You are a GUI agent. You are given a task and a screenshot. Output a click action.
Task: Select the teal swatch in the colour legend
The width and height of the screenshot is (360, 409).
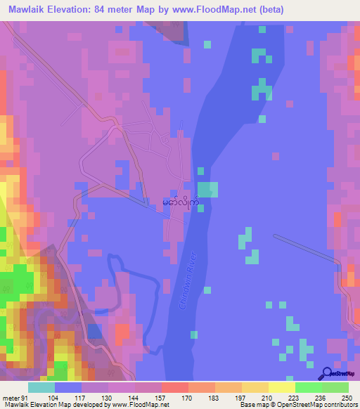click(41, 387)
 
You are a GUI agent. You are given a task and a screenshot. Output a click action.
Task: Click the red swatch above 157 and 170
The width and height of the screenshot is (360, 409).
click(174, 387)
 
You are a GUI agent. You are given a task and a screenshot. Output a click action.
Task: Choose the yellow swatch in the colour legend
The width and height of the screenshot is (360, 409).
click(281, 387)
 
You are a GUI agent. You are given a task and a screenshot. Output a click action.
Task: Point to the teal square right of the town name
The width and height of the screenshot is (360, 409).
click(208, 190)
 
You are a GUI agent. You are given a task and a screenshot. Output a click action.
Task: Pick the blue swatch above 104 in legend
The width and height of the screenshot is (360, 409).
click(68, 387)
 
